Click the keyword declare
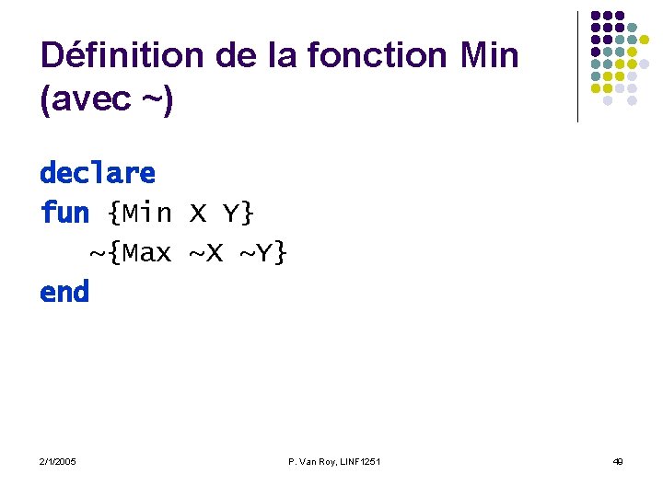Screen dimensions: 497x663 point(98,173)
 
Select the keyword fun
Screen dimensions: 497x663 point(64,214)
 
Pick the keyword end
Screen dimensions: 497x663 point(64,293)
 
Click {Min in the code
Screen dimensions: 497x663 point(139,214)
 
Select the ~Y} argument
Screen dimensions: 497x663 point(263,252)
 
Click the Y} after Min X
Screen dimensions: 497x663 point(238,214)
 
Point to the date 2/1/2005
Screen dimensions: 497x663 point(58,460)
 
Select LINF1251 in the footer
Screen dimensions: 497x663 point(358,460)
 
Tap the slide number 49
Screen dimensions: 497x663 point(617,460)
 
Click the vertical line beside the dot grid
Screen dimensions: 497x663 point(577,66)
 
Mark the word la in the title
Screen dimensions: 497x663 point(283,56)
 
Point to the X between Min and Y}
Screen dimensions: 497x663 point(197,214)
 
